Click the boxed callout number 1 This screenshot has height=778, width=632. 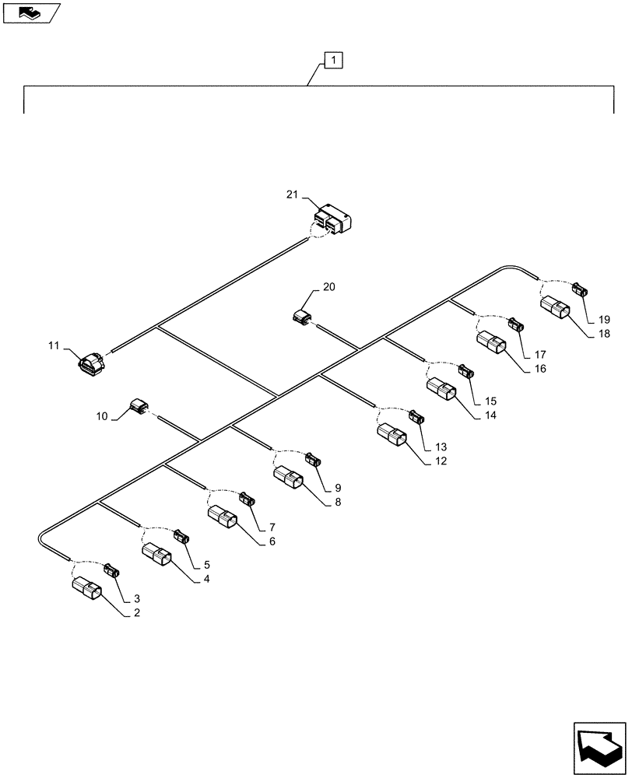click(x=332, y=59)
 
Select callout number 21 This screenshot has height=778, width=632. click(x=291, y=194)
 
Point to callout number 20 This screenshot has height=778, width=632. click(x=329, y=287)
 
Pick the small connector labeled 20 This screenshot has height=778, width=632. click(x=302, y=317)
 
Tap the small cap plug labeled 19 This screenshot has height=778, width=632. click(x=581, y=290)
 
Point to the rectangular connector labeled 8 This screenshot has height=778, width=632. click(x=287, y=482)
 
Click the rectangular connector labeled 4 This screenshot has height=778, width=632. click(x=156, y=556)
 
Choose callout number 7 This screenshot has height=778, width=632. click(x=272, y=527)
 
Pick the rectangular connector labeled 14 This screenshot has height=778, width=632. click(x=441, y=391)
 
